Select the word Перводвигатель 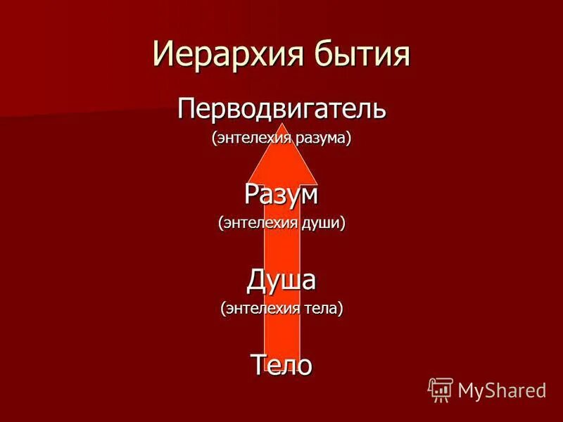(x=281, y=110)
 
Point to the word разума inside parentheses (x=320, y=139)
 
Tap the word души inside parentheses (x=322, y=223)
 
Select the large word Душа (x=281, y=279)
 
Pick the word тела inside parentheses (x=320, y=308)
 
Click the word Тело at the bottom (x=281, y=364)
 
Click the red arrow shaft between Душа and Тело (x=281, y=331)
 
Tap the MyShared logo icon (x=441, y=389)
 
